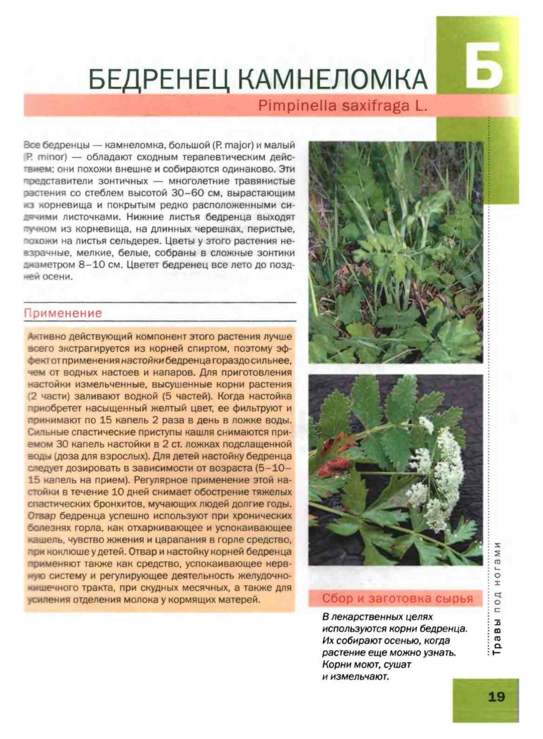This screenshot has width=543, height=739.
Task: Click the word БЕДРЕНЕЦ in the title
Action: (160, 79)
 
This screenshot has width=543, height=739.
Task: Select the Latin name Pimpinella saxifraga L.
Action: (342, 106)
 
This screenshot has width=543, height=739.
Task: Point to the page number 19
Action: (496, 697)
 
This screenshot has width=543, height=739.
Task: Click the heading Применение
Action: (63, 313)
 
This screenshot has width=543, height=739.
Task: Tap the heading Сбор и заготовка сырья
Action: (397, 598)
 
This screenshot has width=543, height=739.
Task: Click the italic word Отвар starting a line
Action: (42, 516)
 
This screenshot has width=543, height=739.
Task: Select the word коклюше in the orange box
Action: (61, 552)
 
